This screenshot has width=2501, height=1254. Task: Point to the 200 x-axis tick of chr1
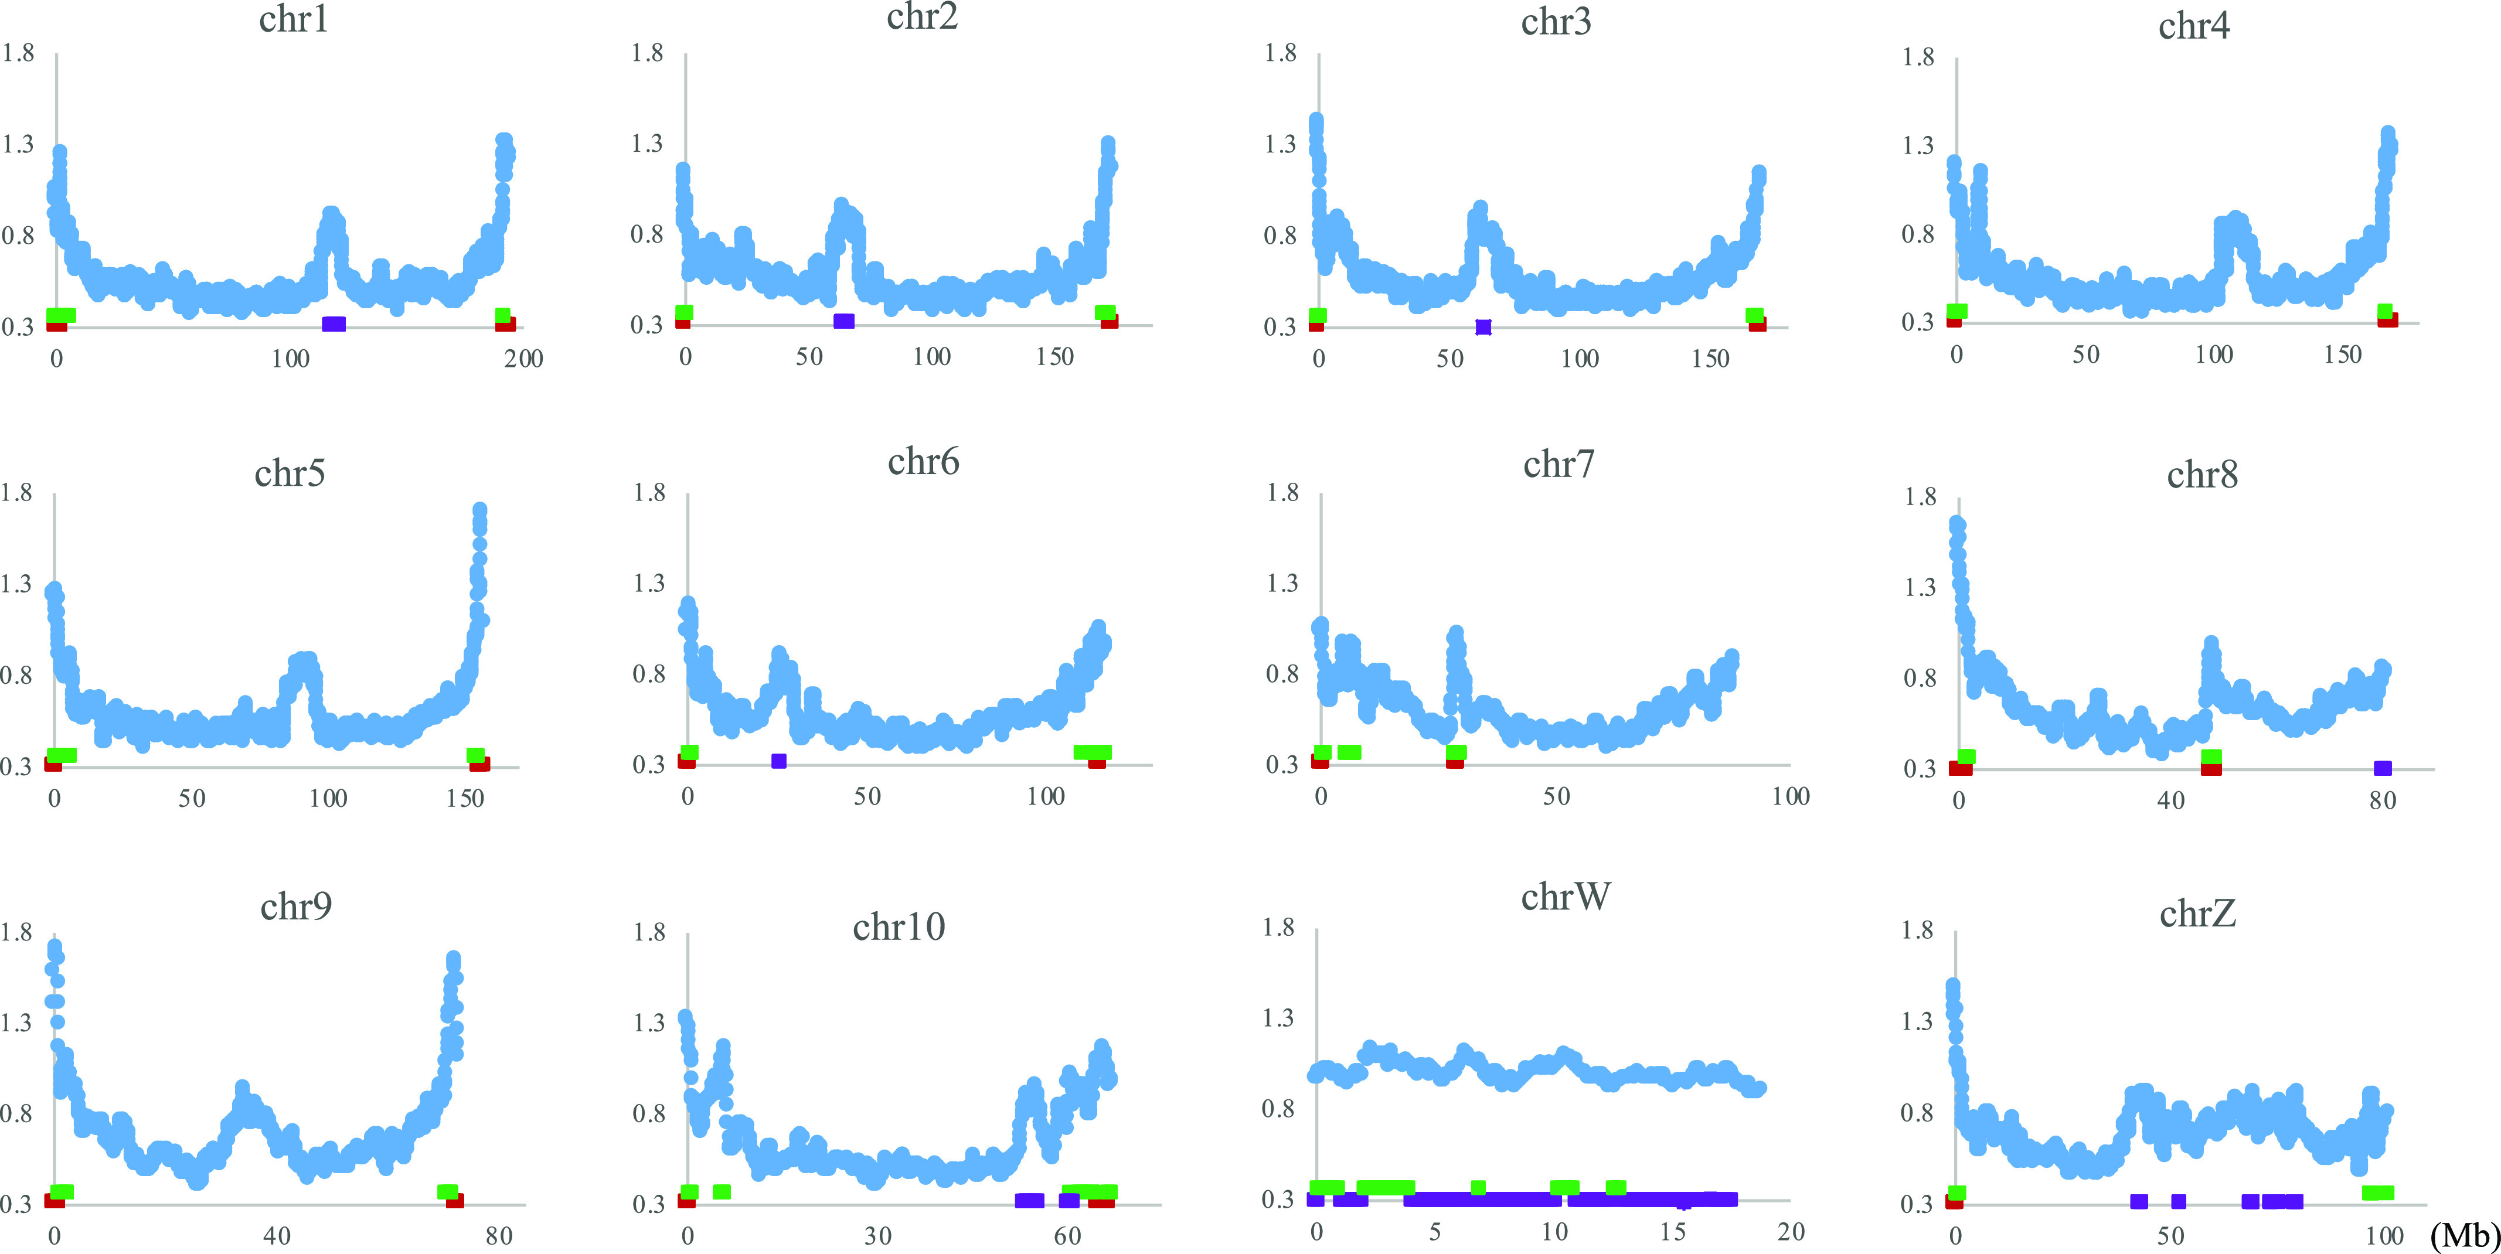point(523,358)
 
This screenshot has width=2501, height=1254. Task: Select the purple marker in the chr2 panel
point(843,321)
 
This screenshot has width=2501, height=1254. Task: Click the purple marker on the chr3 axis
point(1482,327)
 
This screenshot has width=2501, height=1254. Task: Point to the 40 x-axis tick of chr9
point(277,1236)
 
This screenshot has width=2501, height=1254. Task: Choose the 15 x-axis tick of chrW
point(1672,1232)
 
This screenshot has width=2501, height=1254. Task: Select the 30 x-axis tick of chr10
point(877,1236)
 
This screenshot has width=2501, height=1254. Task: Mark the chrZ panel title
point(2197,914)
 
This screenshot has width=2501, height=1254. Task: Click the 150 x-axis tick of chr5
point(465,798)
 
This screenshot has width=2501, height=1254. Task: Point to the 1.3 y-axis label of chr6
point(649,583)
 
